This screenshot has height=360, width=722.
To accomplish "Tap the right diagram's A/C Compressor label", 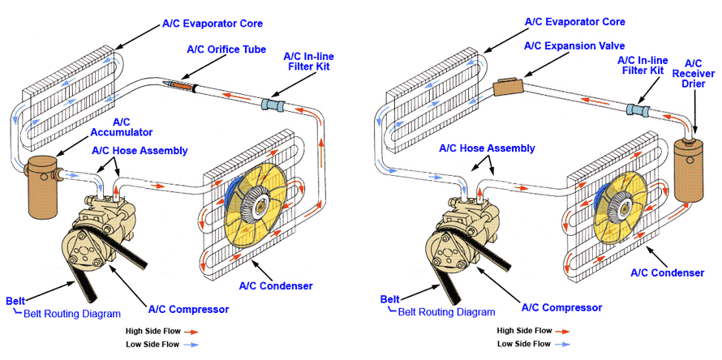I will tap(561, 307).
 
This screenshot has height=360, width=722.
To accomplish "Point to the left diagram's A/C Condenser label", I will tap(276, 285).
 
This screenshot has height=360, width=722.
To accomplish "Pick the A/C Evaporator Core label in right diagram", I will tap(574, 21).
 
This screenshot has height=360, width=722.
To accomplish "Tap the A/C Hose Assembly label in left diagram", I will tap(140, 150).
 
